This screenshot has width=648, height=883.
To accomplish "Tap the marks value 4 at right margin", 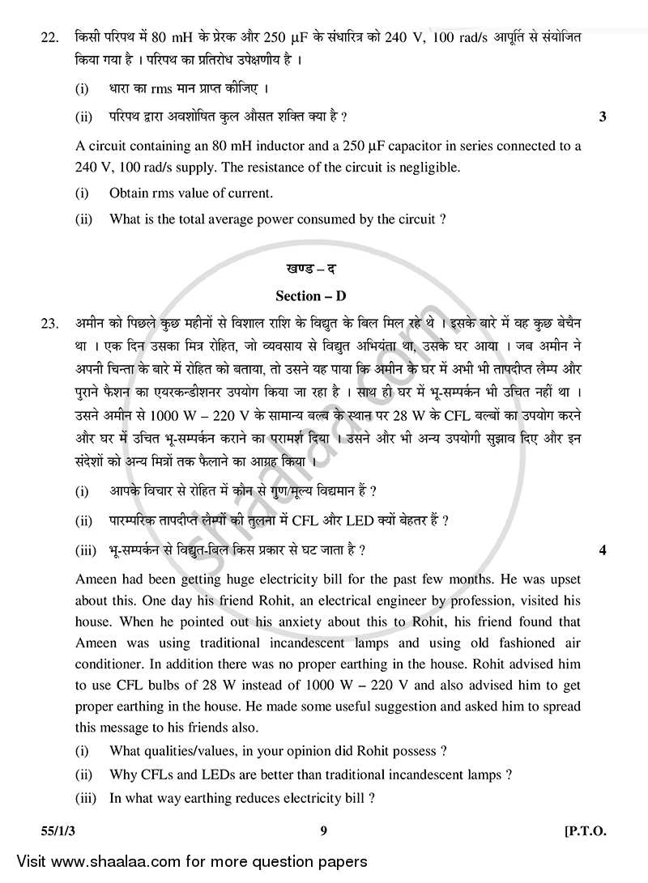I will [x=602, y=551].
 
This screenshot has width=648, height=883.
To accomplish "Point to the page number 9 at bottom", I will [x=322, y=832].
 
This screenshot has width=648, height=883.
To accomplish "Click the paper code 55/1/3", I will [x=37, y=832].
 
